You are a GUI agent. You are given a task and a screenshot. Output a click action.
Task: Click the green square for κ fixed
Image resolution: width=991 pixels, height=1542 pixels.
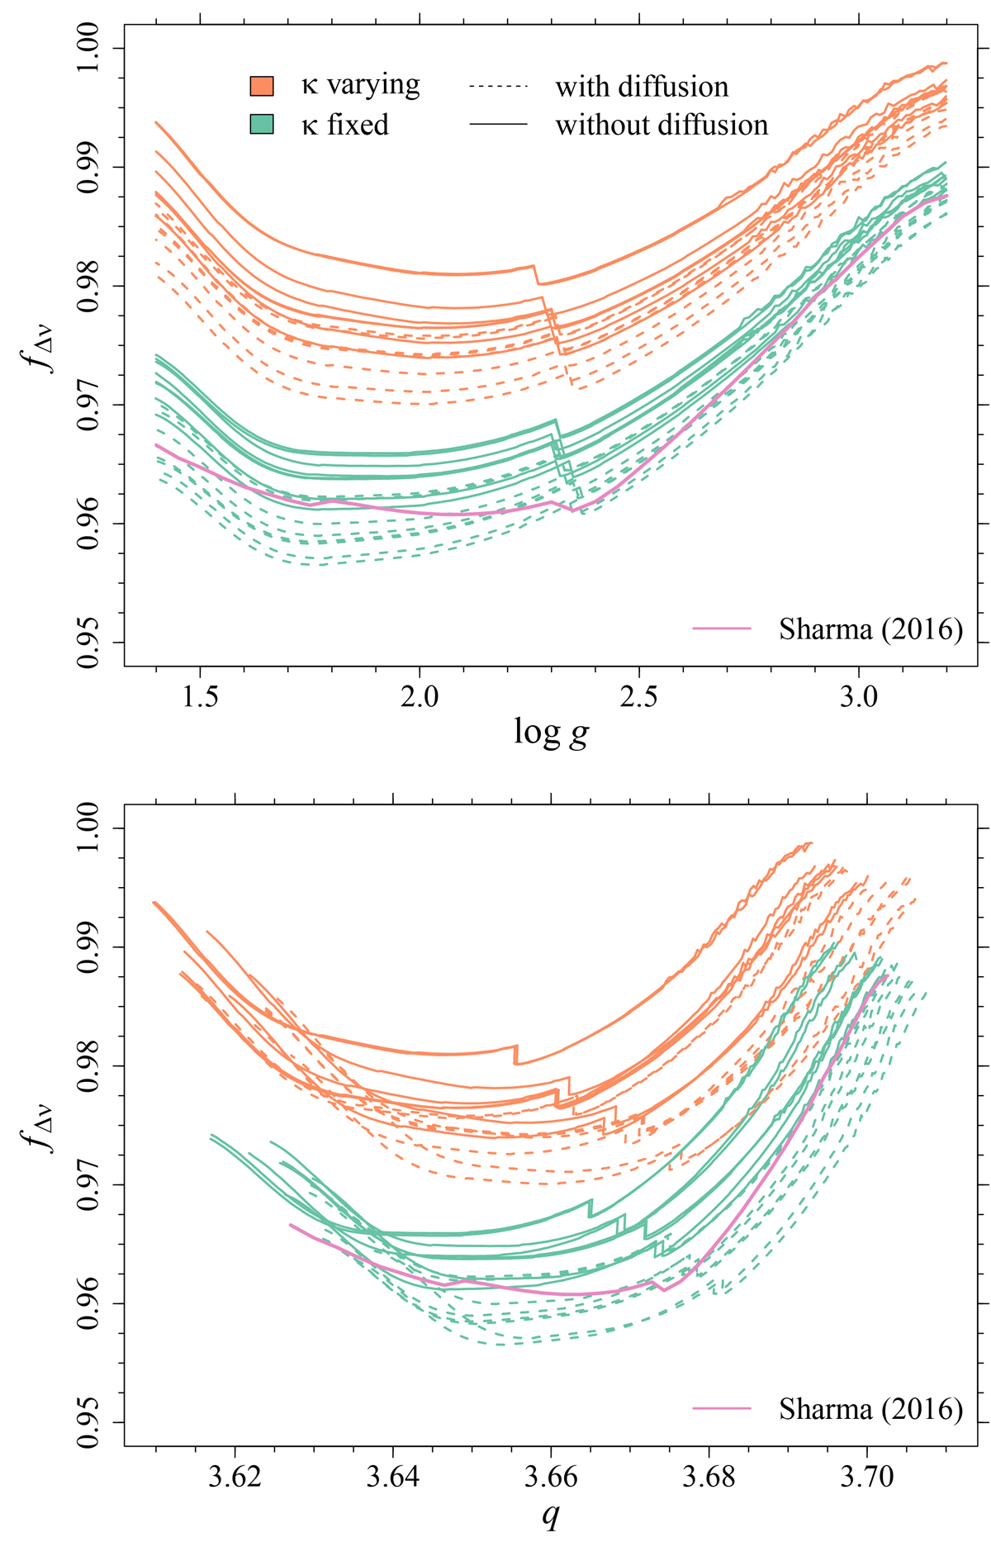262,125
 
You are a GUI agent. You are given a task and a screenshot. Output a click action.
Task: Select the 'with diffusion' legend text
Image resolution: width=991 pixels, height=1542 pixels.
642,87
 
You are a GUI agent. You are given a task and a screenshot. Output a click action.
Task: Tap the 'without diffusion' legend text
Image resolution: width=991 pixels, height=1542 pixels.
661,125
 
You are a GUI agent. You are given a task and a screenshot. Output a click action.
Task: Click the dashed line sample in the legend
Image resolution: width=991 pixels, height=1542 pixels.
498,87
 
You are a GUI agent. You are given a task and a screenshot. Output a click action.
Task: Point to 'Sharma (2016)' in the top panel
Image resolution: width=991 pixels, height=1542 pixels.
870,629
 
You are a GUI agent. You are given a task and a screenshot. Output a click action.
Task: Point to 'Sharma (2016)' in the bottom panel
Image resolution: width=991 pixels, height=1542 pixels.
870,1409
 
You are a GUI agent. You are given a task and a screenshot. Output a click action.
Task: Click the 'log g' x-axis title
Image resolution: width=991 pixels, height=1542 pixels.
551,732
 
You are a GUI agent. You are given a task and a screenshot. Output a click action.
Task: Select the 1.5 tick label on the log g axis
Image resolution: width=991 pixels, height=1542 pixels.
200,697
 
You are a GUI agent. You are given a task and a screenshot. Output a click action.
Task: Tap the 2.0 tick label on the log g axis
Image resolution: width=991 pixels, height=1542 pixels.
420,697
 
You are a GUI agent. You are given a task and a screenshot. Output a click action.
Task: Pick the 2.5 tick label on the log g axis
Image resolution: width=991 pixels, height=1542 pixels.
639,697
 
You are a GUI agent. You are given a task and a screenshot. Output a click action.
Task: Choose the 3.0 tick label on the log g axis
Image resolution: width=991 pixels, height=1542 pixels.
859,697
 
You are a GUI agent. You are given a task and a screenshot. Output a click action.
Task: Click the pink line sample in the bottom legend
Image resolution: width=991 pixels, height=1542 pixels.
722,1409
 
